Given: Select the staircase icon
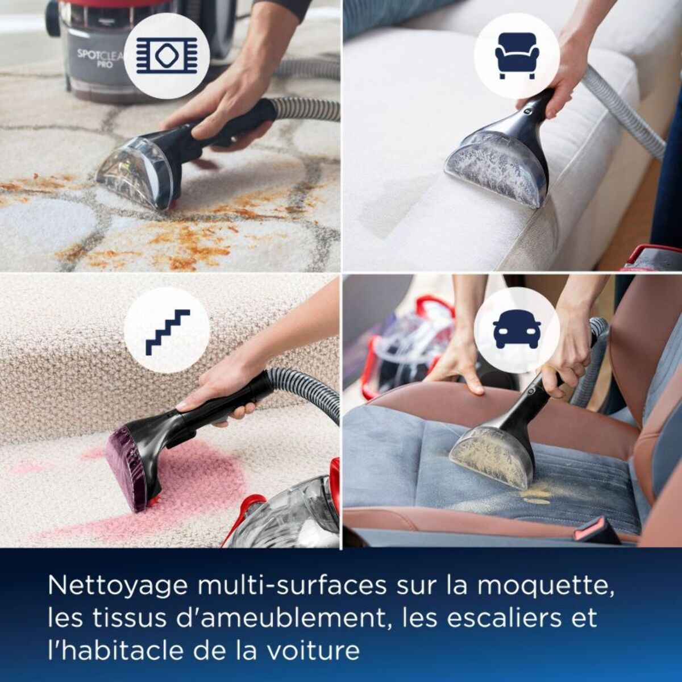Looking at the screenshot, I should (x=167, y=332).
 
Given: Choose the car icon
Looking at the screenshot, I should (x=517, y=332).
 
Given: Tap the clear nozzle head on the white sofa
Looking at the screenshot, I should (x=497, y=168).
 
